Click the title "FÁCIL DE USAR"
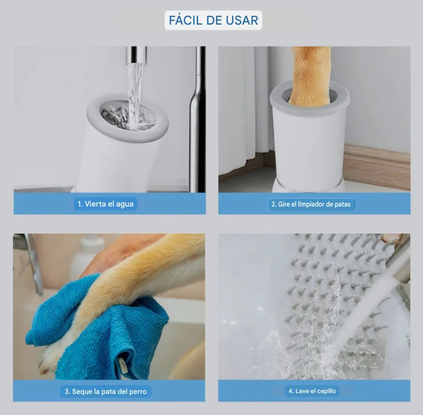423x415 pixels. (213, 20)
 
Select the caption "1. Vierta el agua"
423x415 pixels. (105, 204)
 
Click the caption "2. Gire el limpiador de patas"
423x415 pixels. (311, 204)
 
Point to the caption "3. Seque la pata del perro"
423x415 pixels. (105, 391)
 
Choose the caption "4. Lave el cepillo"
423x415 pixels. (313, 391)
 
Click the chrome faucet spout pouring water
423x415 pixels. (136, 55)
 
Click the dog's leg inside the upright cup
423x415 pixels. (310, 75)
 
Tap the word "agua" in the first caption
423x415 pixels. (125, 204)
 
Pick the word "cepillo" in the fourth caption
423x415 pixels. (326, 391)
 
